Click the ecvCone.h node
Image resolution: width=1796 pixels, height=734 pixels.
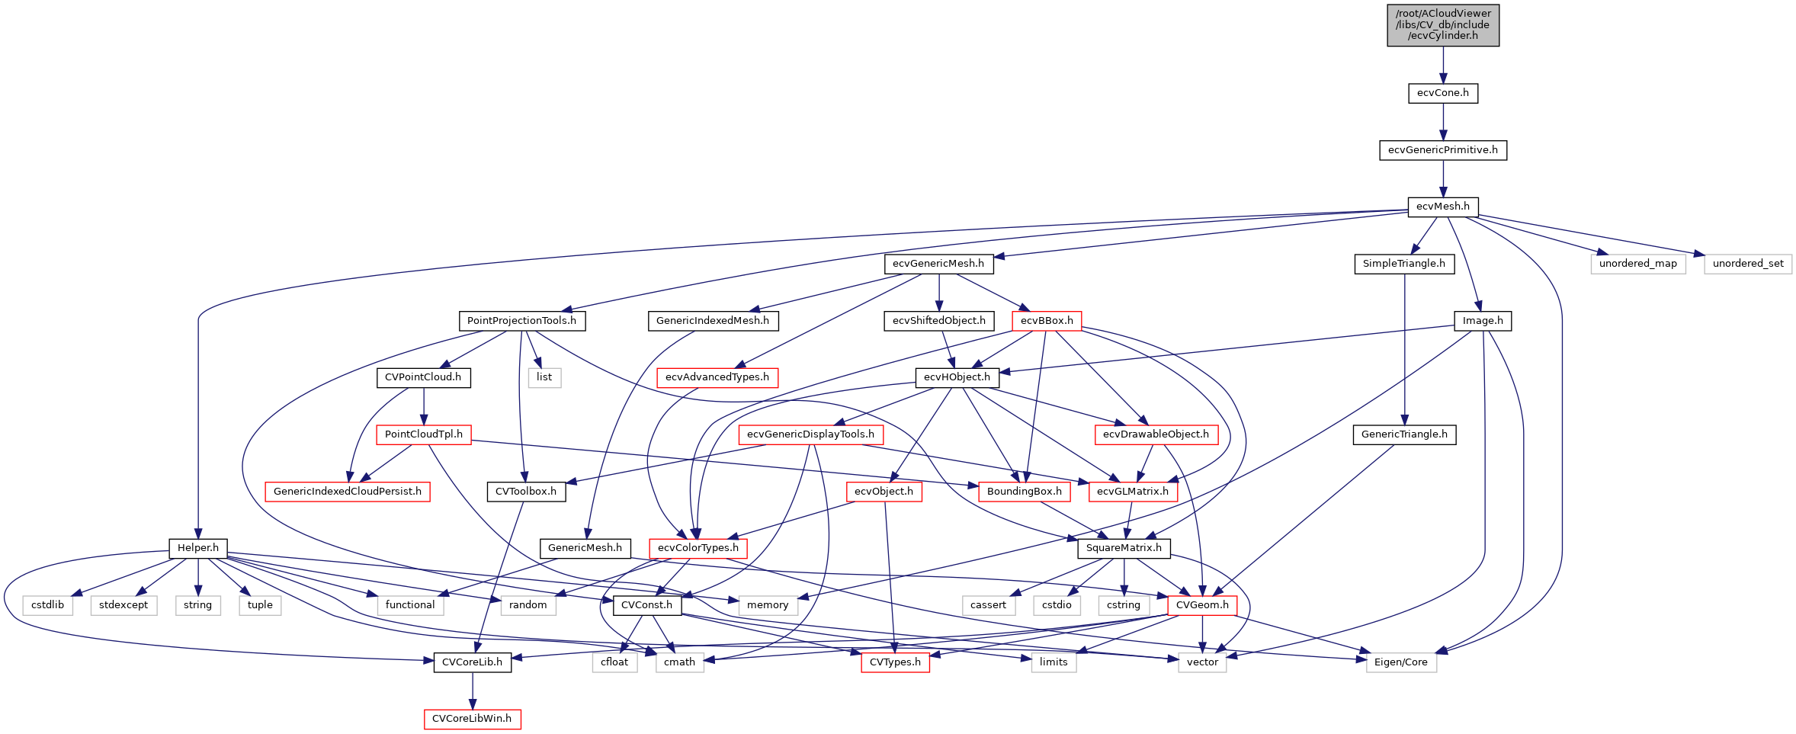pyautogui.click(x=1442, y=93)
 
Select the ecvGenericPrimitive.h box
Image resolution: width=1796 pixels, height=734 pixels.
pyautogui.click(x=1442, y=150)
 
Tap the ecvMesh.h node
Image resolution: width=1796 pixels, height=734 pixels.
pyautogui.click(x=1442, y=207)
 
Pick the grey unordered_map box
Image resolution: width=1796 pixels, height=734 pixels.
pyautogui.click(x=1637, y=264)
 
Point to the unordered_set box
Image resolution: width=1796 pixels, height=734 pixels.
pyautogui.click(x=1748, y=264)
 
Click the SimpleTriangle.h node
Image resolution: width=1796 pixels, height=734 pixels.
pyautogui.click(x=1403, y=264)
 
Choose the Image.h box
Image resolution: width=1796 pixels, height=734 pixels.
pyautogui.click(x=1482, y=321)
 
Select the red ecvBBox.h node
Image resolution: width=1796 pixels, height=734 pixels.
pyautogui.click(x=1046, y=321)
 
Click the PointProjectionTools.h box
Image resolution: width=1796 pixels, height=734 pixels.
pyautogui.click(x=521, y=321)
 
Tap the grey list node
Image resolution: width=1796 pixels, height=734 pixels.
pyautogui.click(x=544, y=377)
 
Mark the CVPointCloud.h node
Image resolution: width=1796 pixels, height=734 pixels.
pyautogui.click(x=423, y=377)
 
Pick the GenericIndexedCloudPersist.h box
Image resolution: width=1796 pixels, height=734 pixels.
pyautogui.click(x=347, y=492)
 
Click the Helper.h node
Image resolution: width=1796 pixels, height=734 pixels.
pyautogui.click(x=197, y=548)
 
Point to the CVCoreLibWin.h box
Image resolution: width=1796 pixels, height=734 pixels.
pyautogui.click(x=472, y=719)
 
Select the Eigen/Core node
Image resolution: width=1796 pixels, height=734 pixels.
pyautogui.click(x=1400, y=662)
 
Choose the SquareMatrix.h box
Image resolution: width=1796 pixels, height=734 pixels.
pyautogui.click(x=1124, y=548)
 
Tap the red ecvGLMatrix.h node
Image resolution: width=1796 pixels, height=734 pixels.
pyautogui.click(x=1132, y=492)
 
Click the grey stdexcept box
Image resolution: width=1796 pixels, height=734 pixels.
pyautogui.click(x=123, y=605)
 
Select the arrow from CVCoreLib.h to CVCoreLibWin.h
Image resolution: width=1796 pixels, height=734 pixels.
pyautogui.click(x=472, y=691)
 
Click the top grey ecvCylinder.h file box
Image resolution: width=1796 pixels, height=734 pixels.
pyautogui.click(x=1442, y=24)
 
